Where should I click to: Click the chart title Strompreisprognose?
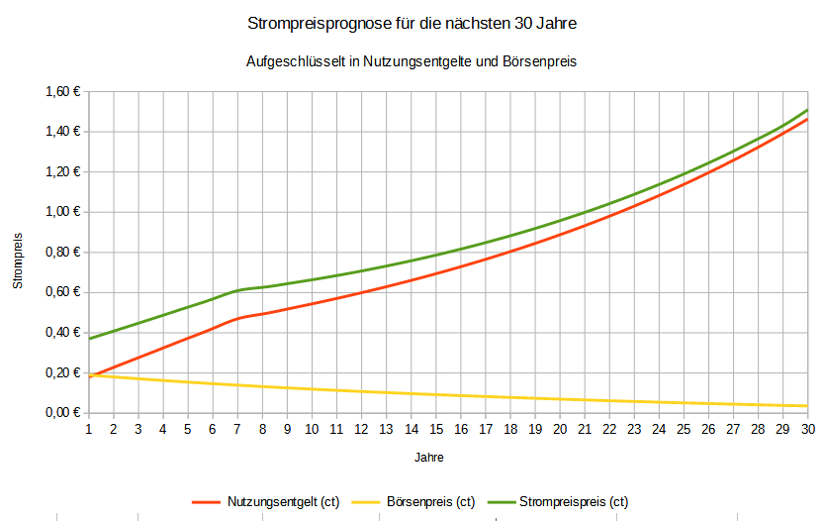click(x=412, y=22)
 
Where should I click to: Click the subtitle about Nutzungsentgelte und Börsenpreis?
click(x=412, y=60)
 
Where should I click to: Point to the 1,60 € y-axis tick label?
click(x=62, y=92)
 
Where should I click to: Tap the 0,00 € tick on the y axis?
click(x=62, y=413)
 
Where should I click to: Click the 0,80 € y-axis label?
click(x=62, y=253)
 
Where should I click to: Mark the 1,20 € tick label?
click(x=62, y=172)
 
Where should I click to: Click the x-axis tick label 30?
click(x=807, y=429)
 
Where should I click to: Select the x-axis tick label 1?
click(x=89, y=429)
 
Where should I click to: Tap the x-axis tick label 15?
click(x=436, y=429)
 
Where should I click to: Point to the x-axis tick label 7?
click(x=237, y=429)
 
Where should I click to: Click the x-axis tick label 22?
click(x=609, y=429)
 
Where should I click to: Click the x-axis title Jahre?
click(x=428, y=459)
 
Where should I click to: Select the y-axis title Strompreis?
click(x=18, y=261)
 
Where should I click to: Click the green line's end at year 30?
click(x=807, y=110)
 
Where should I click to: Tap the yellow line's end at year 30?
click(x=807, y=406)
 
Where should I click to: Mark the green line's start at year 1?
click(x=89, y=339)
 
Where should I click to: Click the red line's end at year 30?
click(x=807, y=120)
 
